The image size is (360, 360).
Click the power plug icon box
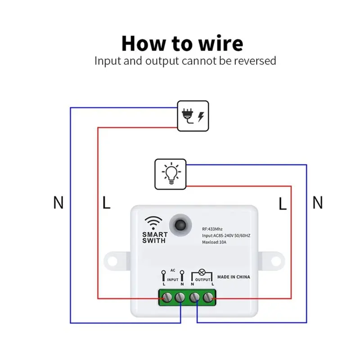pyautogui.click(x=193, y=116)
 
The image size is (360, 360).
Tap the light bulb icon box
pyautogui.click(x=171, y=174)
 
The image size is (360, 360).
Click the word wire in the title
pyautogui.click(x=220, y=43)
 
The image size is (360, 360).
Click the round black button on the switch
pyautogui.click(x=180, y=225)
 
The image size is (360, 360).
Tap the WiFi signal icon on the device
pyautogui.click(x=153, y=223)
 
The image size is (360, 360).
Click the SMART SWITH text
pyautogui.click(x=155, y=238)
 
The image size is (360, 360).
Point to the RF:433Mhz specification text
pyautogui.click(x=212, y=229)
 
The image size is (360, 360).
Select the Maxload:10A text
pyautogui.click(x=214, y=242)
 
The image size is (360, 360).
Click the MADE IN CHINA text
pyautogui.click(x=234, y=277)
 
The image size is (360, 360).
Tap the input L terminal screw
pyautogui.click(x=167, y=297)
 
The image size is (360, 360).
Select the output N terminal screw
pyautogui.click(x=194, y=297)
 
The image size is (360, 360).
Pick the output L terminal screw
pyautogui.click(x=208, y=297)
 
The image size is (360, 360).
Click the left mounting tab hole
pyautogui.click(x=112, y=261)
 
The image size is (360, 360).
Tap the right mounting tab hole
pyautogui.click(x=276, y=261)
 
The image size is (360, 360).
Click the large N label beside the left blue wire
pyautogui.click(x=58, y=202)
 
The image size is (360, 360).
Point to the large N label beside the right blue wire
pyautogui.click(x=318, y=202)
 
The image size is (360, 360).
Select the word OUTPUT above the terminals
pyautogui.click(x=203, y=279)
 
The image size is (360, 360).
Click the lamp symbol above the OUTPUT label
pyautogui.click(x=202, y=272)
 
